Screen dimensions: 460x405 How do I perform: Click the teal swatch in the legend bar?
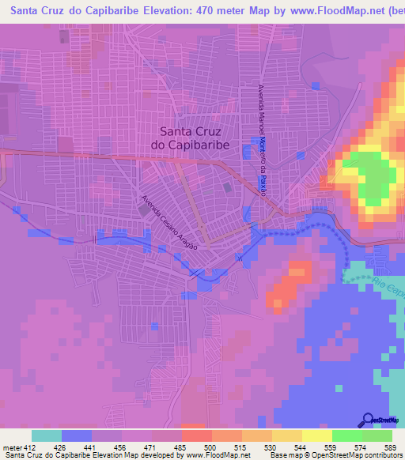click(47, 435)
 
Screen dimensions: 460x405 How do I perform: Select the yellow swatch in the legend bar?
click(316, 435)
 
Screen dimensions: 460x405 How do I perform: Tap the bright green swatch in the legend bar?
click(346, 435)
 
